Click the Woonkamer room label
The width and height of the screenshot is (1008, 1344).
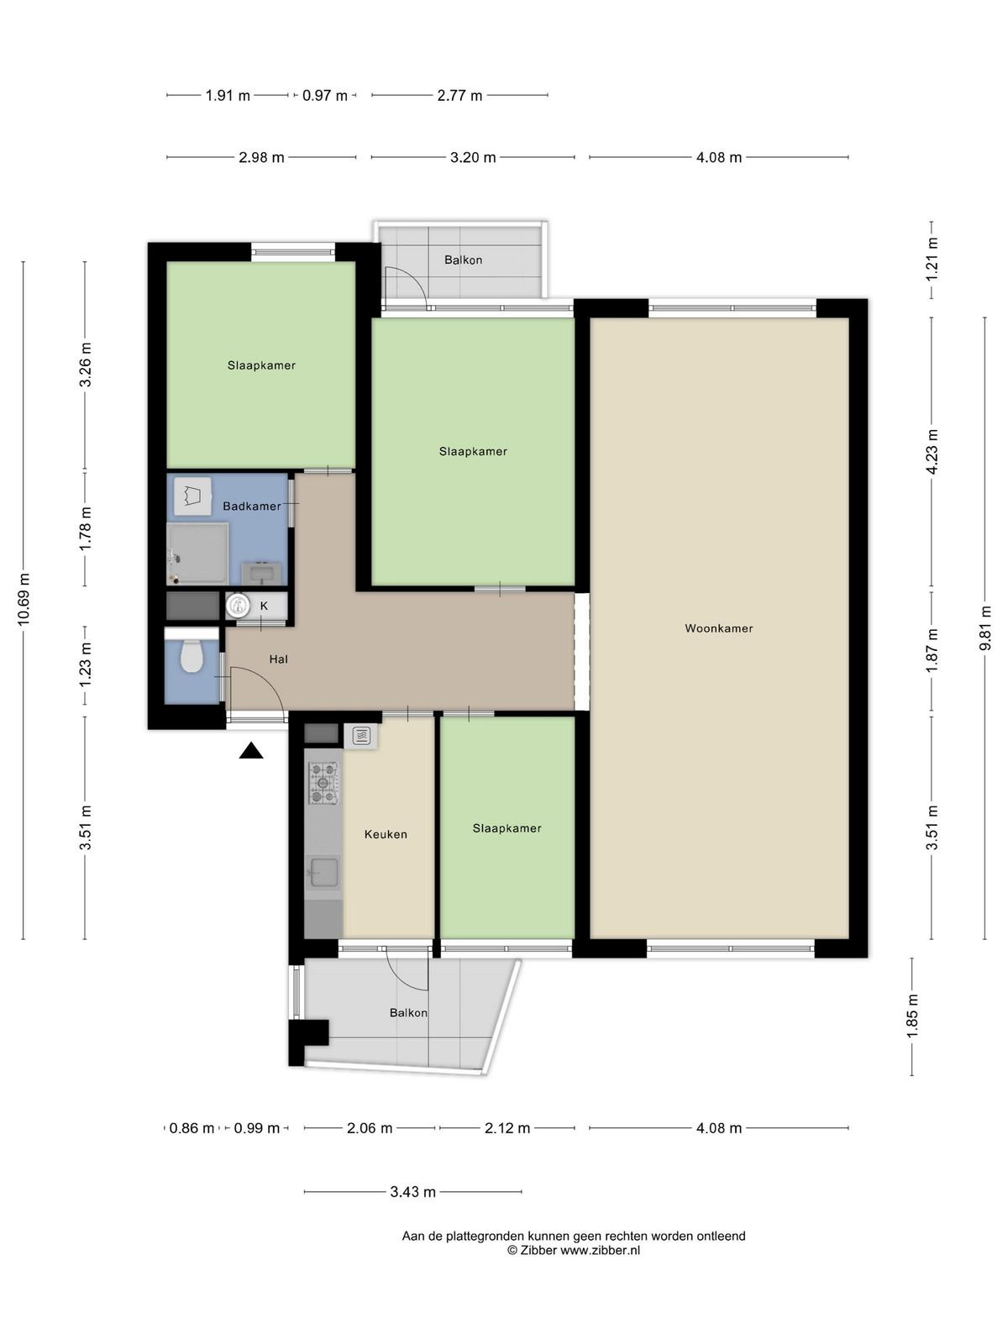(718, 628)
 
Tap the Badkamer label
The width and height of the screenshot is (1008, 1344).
(251, 507)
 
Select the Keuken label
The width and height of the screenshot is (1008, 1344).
(386, 834)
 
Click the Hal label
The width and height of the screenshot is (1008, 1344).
(279, 659)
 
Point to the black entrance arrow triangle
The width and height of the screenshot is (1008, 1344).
(251, 751)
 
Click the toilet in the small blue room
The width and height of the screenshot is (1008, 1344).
(192, 655)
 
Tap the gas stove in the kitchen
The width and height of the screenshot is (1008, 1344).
(323, 783)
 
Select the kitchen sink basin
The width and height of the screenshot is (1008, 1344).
(323, 873)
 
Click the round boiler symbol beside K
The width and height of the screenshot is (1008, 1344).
(236, 606)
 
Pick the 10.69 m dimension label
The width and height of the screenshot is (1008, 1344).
(24, 600)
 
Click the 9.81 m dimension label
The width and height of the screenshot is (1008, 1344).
(984, 628)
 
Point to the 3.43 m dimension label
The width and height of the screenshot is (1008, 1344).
(413, 1191)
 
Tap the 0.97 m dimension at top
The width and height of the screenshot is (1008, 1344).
(325, 96)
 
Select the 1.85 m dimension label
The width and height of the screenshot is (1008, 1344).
(912, 1016)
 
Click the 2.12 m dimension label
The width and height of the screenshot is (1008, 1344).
(507, 1128)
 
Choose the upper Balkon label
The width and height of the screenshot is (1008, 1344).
(464, 260)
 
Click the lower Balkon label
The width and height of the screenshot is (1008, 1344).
(408, 1013)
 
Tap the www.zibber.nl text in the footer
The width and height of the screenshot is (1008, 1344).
(600, 1250)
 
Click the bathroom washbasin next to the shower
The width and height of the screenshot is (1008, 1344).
(262, 573)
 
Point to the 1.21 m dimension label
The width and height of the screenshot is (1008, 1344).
(932, 260)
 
